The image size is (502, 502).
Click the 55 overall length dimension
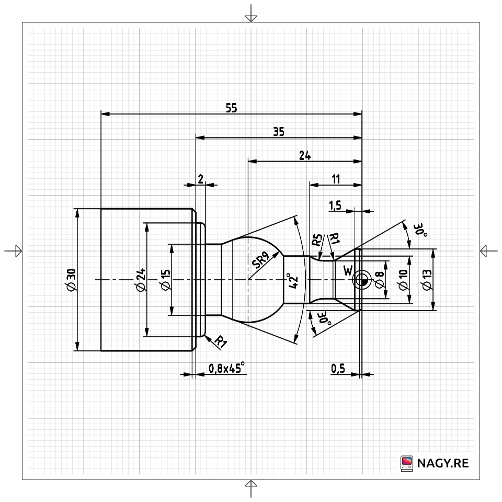coord(231,108)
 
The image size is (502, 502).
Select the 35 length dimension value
coord(278,132)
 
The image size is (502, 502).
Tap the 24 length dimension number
coord(304,155)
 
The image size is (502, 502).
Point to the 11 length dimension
coord(336,179)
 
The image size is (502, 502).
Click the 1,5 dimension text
coord(335,205)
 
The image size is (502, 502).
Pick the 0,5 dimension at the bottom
coord(338,369)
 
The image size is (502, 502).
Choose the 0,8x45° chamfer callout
coord(227,369)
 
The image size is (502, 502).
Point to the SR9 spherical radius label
coord(260,259)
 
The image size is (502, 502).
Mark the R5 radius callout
coord(316,241)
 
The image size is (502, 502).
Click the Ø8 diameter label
coord(380,281)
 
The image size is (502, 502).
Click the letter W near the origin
coord(348,270)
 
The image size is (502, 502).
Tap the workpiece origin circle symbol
coord(361,281)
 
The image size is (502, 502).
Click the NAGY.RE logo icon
coord(406,463)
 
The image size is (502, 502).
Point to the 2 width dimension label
coord(200,179)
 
